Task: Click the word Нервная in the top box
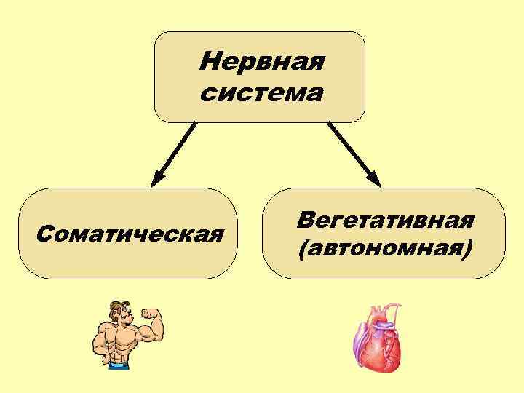click(x=261, y=61)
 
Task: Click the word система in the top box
click(x=261, y=93)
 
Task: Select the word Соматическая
click(x=129, y=234)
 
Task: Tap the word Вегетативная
click(x=385, y=220)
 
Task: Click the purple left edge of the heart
click(x=359, y=342)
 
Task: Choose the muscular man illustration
click(x=124, y=336)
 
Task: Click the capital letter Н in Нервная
click(x=208, y=61)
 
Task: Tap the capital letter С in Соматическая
click(x=43, y=234)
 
